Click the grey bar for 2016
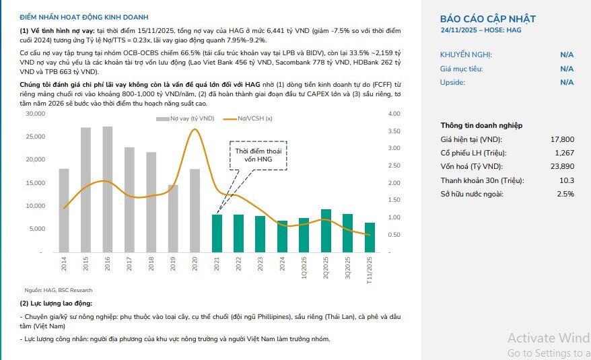click(108, 189)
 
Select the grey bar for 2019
click(173, 219)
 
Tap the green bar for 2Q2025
click(326, 231)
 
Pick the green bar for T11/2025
click(370, 238)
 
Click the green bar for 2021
click(217, 233)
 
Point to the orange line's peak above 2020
click(195, 130)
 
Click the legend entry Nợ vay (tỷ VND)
click(185, 118)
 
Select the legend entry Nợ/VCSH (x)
click(248, 118)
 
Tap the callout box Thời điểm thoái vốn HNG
click(258, 155)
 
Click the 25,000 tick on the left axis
click(36, 137)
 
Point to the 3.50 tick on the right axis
click(394, 131)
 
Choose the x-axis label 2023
click(260, 264)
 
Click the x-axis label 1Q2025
click(304, 268)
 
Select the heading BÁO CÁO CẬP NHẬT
click(488, 19)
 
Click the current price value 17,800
click(562, 139)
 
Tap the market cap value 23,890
click(562, 167)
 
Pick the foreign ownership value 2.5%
click(565, 194)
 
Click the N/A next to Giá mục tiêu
click(567, 69)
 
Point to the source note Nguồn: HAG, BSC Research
click(59, 290)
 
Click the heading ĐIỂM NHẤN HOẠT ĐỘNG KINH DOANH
click(84, 17)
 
